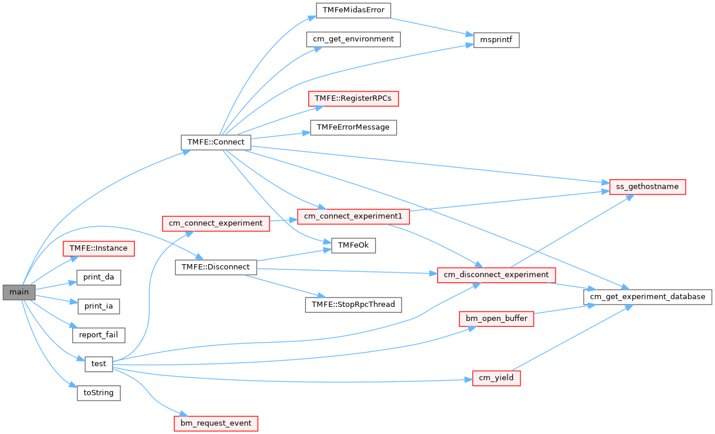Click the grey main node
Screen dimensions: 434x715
pos(19,292)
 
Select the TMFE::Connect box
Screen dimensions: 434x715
pos(216,142)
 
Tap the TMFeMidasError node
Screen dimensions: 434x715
pos(353,10)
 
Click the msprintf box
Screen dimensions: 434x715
pos(496,40)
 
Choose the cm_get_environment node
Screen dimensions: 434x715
pos(353,39)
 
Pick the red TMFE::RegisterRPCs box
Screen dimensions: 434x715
pos(353,98)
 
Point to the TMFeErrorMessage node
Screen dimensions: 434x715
pos(353,127)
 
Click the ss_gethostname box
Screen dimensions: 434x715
pos(648,187)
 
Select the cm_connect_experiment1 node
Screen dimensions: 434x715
pos(353,216)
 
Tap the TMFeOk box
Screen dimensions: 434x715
pos(353,245)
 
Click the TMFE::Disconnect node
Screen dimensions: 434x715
pos(216,267)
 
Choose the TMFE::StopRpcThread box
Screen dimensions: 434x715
pos(353,305)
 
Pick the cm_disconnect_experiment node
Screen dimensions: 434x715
pos(496,274)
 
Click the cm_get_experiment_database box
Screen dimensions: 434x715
pos(648,296)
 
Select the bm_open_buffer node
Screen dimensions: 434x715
pos(496,319)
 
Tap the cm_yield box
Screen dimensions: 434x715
pos(496,378)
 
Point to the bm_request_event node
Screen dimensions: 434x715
pos(216,423)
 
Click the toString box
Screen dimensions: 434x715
pos(98,392)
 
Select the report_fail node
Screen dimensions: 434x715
pos(98,335)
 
